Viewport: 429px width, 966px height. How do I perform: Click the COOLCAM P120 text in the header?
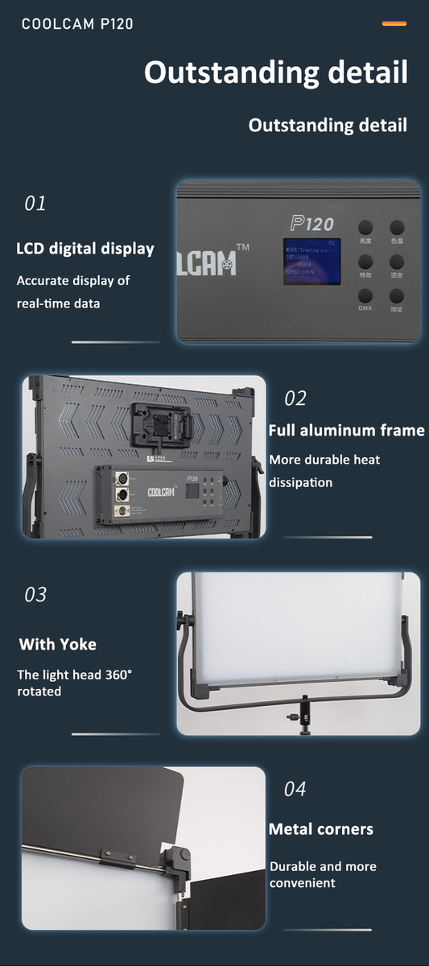click(x=77, y=24)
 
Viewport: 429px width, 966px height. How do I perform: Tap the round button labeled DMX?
click(x=365, y=295)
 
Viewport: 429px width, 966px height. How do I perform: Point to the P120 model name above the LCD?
click(x=311, y=223)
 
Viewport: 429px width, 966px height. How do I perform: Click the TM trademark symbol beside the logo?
click(x=242, y=248)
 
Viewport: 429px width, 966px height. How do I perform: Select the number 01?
click(x=35, y=204)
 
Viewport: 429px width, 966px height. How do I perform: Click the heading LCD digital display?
click(x=85, y=248)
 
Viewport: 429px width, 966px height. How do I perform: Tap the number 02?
click(x=295, y=398)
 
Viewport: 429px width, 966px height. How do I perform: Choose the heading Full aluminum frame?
click(x=346, y=431)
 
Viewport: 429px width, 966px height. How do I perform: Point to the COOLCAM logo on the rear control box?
click(x=161, y=492)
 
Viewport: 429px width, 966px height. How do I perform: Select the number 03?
click(x=35, y=595)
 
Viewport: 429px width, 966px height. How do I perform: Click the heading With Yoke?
click(x=58, y=644)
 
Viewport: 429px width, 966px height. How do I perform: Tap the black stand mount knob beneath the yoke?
click(x=304, y=712)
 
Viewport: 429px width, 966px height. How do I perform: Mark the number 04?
click(x=295, y=789)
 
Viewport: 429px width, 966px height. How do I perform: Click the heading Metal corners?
click(x=320, y=829)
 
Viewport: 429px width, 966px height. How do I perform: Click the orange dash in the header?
click(x=394, y=24)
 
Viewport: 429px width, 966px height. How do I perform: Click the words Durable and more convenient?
click(x=322, y=874)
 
